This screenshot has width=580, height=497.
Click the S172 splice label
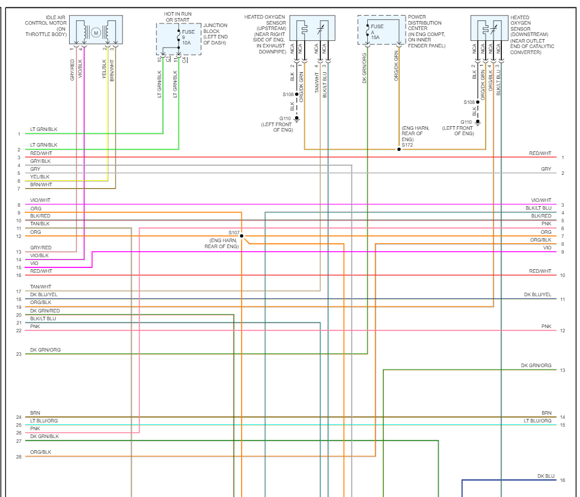point(408,144)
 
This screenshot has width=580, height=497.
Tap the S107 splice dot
point(242,236)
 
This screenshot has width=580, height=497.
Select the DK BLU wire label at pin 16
point(546,476)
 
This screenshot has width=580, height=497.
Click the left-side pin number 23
point(19,354)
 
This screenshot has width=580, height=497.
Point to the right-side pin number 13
point(563,370)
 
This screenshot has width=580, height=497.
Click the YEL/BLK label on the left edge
point(40,177)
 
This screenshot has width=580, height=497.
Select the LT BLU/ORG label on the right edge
point(537,421)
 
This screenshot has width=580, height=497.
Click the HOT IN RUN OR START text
point(179,16)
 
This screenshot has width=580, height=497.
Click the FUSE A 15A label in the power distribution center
point(377,32)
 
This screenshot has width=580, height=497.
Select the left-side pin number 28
point(19,457)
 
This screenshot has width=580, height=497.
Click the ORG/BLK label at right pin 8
point(540,240)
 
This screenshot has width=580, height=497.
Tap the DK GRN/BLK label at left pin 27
point(44,436)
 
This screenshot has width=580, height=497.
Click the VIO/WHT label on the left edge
point(41,200)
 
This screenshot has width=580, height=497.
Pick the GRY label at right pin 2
point(546,169)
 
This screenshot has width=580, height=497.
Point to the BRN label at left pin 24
point(35,413)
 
